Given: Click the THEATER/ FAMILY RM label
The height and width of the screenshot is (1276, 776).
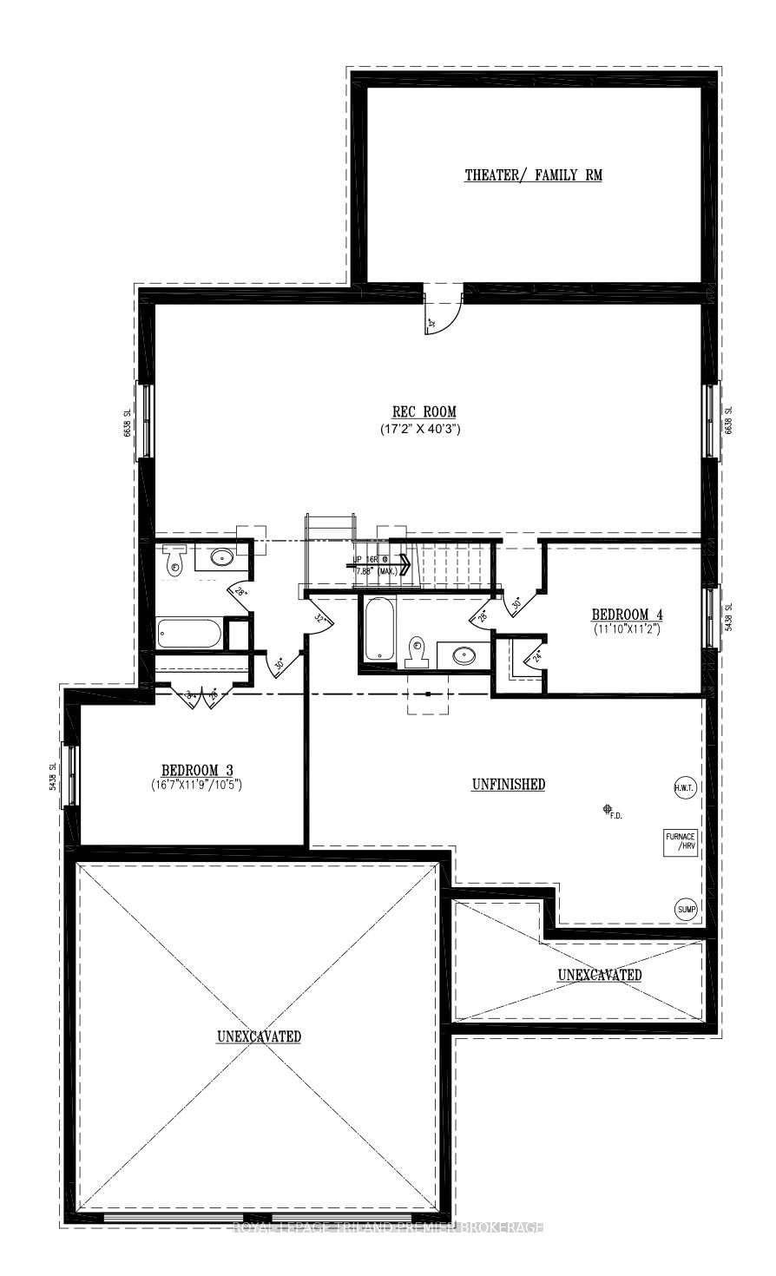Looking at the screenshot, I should coord(533,175).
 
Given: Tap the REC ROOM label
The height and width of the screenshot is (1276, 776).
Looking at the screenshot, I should coord(424,411).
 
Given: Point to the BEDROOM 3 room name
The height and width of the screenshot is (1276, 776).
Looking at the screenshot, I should coord(197,770).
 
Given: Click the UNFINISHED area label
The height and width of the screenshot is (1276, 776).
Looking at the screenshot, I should coord(509,785).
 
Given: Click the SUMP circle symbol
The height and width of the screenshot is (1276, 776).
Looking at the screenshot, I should coord(686,909).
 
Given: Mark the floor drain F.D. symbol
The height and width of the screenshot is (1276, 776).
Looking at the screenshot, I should coord(608,810).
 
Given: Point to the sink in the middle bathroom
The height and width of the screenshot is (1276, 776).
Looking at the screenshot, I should coord(464,655).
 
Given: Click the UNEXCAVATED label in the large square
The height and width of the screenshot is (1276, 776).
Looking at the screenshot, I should coord(259,1036).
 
